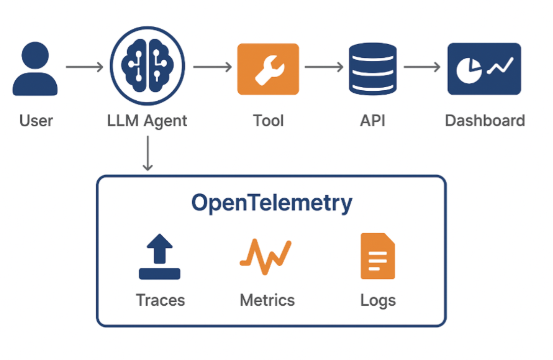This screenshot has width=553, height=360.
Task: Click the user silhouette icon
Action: pyautogui.click(x=35, y=69)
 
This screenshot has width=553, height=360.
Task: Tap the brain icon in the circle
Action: pyautogui.click(x=148, y=66)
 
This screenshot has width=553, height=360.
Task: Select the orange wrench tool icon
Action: pyautogui.click(x=268, y=69)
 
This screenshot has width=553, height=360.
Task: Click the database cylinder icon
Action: pyautogui.click(x=373, y=69)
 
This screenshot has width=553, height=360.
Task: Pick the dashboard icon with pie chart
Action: pyautogui.click(x=484, y=69)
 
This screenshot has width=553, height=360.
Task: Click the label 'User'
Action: pyautogui.click(x=36, y=121)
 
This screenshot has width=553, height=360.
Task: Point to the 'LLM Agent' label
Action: pyautogui.click(x=147, y=121)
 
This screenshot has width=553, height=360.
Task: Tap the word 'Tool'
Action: pyautogui.click(x=268, y=121)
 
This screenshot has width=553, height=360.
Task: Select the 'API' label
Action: pyautogui.click(x=373, y=121)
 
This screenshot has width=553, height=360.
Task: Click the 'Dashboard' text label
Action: pyautogui.click(x=485, y=121)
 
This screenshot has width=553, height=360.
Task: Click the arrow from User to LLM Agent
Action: pyautogui.click(x=84, y=67)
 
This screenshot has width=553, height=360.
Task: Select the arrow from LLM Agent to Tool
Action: pyautogui.click(x=212, y=67)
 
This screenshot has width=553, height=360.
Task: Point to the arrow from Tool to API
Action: pyautogui.click(x=324, y=67)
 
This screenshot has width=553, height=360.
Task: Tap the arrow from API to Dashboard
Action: pyautogui.click(x=422, y=67)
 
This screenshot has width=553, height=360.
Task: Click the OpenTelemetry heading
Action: pyautogui.click(x=271, y=203)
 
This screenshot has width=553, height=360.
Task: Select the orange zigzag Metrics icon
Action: pyautogui.click(x=266, y=257)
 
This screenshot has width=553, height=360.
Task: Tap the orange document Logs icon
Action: pyautogui.click(x=378, y=257)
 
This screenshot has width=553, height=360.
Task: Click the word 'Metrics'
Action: pyautogui.click(x=267, y=300)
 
